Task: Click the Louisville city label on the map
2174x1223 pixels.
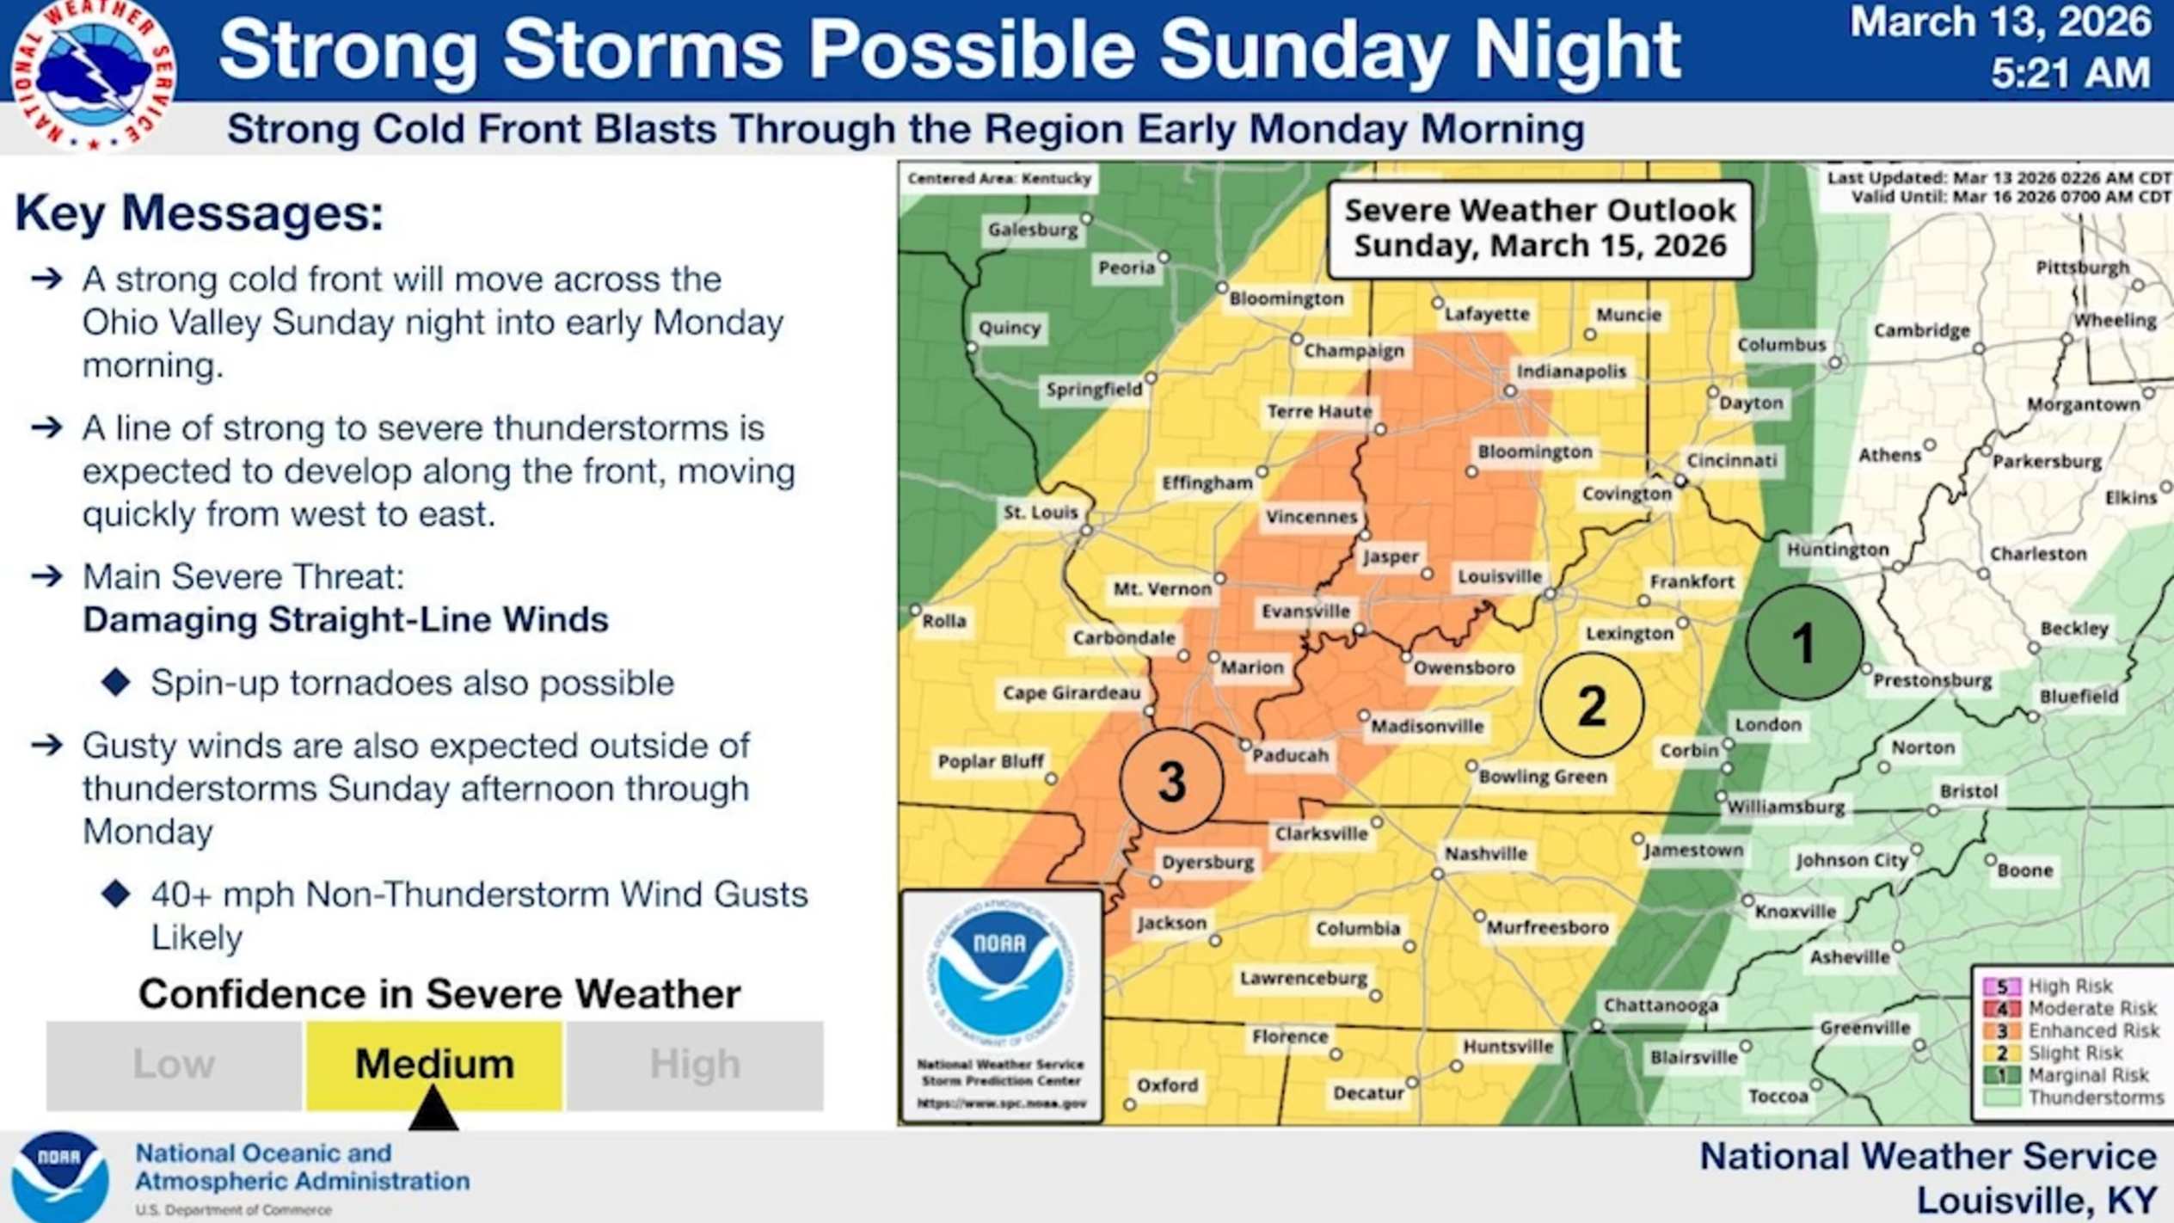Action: [1500, 577]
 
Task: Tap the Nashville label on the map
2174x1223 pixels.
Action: [1486, 854]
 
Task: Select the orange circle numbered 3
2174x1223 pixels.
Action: [1171, 781]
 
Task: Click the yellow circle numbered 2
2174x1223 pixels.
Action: [1592, 705]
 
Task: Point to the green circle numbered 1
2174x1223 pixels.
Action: [1804, 642]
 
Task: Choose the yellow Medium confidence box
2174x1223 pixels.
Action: [434, 1064]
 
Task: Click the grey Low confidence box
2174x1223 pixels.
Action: [174, 1065]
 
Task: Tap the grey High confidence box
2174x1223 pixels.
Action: [695, 1065]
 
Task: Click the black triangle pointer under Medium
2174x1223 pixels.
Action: [433, 1109]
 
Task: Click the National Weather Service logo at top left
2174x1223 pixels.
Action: [93, 76]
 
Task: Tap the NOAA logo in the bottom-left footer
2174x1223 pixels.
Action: [60, 1176]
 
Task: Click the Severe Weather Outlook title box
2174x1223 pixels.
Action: [1539, 229]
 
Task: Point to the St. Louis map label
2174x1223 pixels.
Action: [1041, 513]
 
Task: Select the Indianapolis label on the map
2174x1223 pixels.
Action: [1571, 372]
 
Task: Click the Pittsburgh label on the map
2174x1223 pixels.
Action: [2082, 268]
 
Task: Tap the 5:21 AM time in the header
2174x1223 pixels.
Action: [2070, 73]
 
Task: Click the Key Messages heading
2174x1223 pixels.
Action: [200, 213]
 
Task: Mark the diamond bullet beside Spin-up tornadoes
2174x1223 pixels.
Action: [116, 683]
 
